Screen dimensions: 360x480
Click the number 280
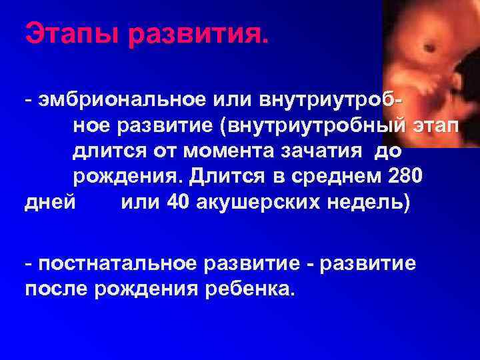coord(407,178)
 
